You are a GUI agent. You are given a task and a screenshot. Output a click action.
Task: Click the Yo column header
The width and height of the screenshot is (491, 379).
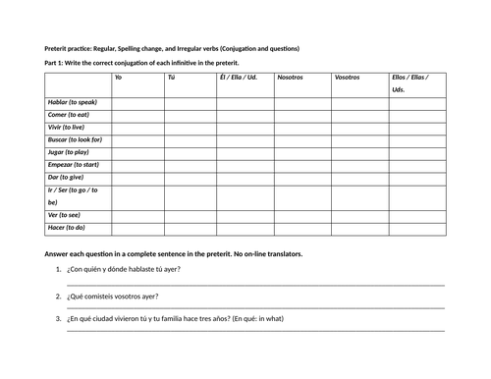click(119, 77)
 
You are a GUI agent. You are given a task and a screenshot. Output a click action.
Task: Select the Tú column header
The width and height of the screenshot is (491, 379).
click(172, 77)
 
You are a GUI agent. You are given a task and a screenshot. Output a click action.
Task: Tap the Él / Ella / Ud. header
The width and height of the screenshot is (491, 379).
click(239, 77)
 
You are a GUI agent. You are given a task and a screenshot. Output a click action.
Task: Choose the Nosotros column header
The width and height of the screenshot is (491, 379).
click(291, 77)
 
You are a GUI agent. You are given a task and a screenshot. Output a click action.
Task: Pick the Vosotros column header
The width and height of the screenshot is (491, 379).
click(347, 77)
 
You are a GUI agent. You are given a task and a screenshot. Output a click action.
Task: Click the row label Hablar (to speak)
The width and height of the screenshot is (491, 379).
click(72, 102)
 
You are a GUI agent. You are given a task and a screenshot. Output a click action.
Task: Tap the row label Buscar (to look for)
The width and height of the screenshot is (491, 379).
click(75, 140)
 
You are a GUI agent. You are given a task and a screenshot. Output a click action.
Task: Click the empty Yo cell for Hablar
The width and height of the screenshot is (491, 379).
click(136, 102)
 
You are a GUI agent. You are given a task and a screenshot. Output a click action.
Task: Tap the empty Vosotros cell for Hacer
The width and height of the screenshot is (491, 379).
click(358, 228)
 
